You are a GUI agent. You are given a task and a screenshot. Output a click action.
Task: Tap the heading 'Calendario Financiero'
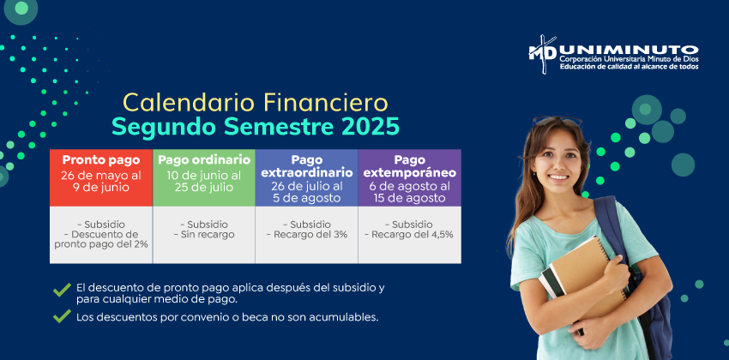(256, 103)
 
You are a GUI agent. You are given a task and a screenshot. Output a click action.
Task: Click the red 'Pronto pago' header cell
(101, 177)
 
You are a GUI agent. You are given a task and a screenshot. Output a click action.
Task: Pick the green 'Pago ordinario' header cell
(204, 177)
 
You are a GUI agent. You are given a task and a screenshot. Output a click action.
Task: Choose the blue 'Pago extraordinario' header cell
(307, 177)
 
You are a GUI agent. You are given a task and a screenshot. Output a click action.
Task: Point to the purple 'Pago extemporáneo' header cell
(410, 177)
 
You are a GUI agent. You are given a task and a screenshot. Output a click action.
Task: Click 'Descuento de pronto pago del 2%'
(101, 239)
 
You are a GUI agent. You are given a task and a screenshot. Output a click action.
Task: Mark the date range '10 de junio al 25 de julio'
(204, 181)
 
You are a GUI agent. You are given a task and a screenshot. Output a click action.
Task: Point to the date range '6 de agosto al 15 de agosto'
(410, 192)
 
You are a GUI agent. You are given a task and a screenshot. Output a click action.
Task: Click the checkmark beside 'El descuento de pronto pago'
(62, 290)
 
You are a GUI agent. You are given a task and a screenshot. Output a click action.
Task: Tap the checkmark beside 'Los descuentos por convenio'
(62, 316)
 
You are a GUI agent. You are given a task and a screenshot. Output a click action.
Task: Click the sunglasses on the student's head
(557, 121)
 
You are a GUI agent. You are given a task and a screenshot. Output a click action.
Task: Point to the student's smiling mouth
(559, 177)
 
